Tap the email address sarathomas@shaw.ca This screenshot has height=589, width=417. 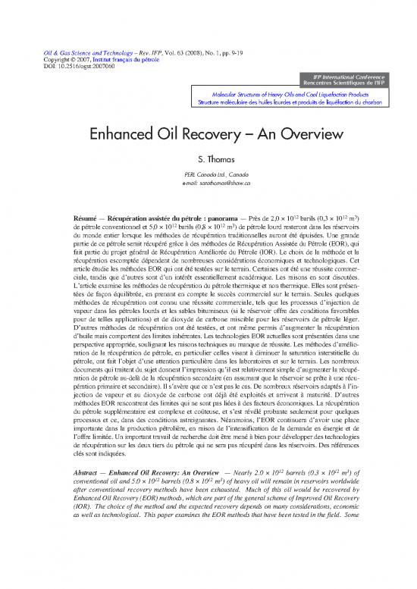pyautogui.click(x=208, y=183)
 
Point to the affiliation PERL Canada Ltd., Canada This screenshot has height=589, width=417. pyautogui.click(x=208, y=175)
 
